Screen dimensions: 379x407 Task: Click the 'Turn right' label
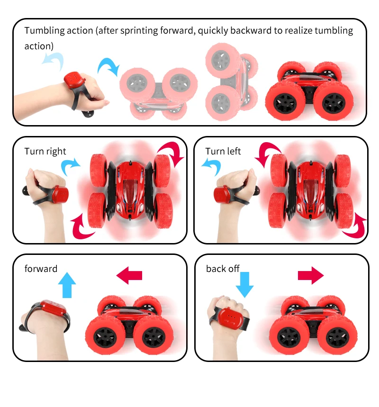click(45, 151)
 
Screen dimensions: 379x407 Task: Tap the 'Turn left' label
click(223, 151)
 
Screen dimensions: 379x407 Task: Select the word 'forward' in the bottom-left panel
click(41, 269)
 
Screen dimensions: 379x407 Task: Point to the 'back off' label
click(223, 269)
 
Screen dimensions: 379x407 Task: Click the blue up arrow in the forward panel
click(67, 285)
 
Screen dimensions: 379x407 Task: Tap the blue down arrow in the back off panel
click(244, 285)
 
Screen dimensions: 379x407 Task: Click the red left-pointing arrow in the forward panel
click(129, 275)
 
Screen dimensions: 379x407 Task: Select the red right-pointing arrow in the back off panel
click(311, 275)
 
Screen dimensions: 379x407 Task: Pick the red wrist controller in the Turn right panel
click(61, 194)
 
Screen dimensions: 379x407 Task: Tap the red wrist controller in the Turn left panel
click(222, 194)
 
